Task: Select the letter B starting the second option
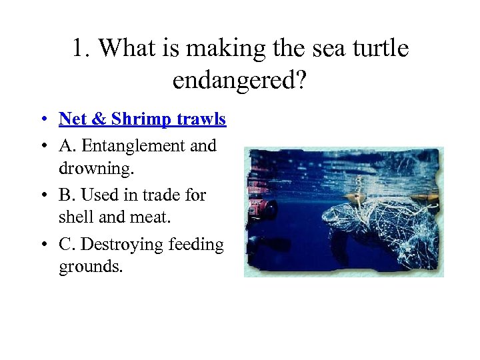(65, 195)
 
